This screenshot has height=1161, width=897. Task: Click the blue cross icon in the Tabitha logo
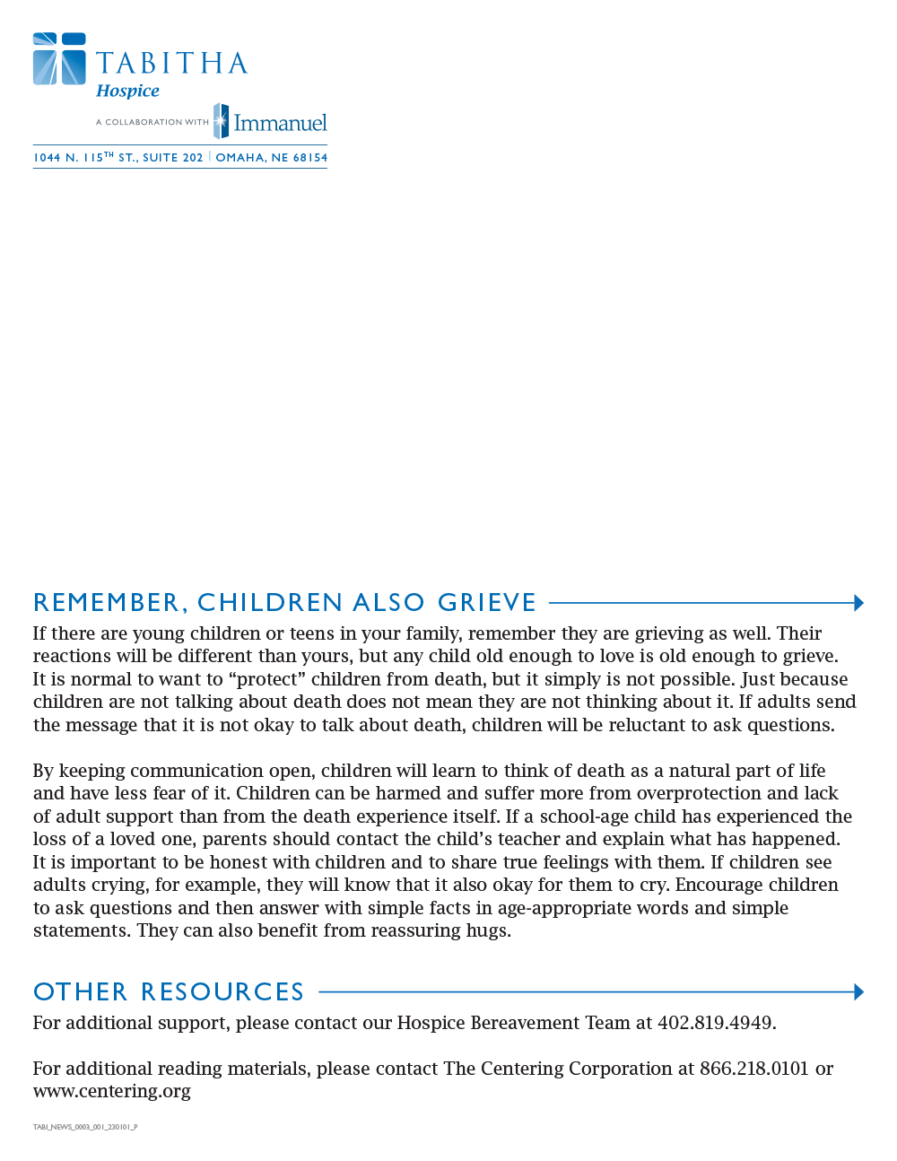pos(59,59)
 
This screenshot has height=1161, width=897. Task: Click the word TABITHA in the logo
pos(171,64)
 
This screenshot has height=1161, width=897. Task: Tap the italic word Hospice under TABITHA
pos(127,91)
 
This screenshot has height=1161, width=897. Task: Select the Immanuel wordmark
pos(280,123)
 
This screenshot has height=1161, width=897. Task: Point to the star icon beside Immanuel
pos(221,121)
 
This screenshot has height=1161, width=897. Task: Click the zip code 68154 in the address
pos(310,158)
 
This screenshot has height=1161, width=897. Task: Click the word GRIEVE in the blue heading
pos(487,602)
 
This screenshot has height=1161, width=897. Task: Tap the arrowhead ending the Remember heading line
pos(858,603)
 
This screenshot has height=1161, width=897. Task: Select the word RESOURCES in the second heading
pos(222,991)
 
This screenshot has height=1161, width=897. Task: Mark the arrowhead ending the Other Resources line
pos(858,992)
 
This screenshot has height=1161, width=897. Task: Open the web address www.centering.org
pos(112,1091)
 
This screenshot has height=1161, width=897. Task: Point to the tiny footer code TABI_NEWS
pos(85,1127)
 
